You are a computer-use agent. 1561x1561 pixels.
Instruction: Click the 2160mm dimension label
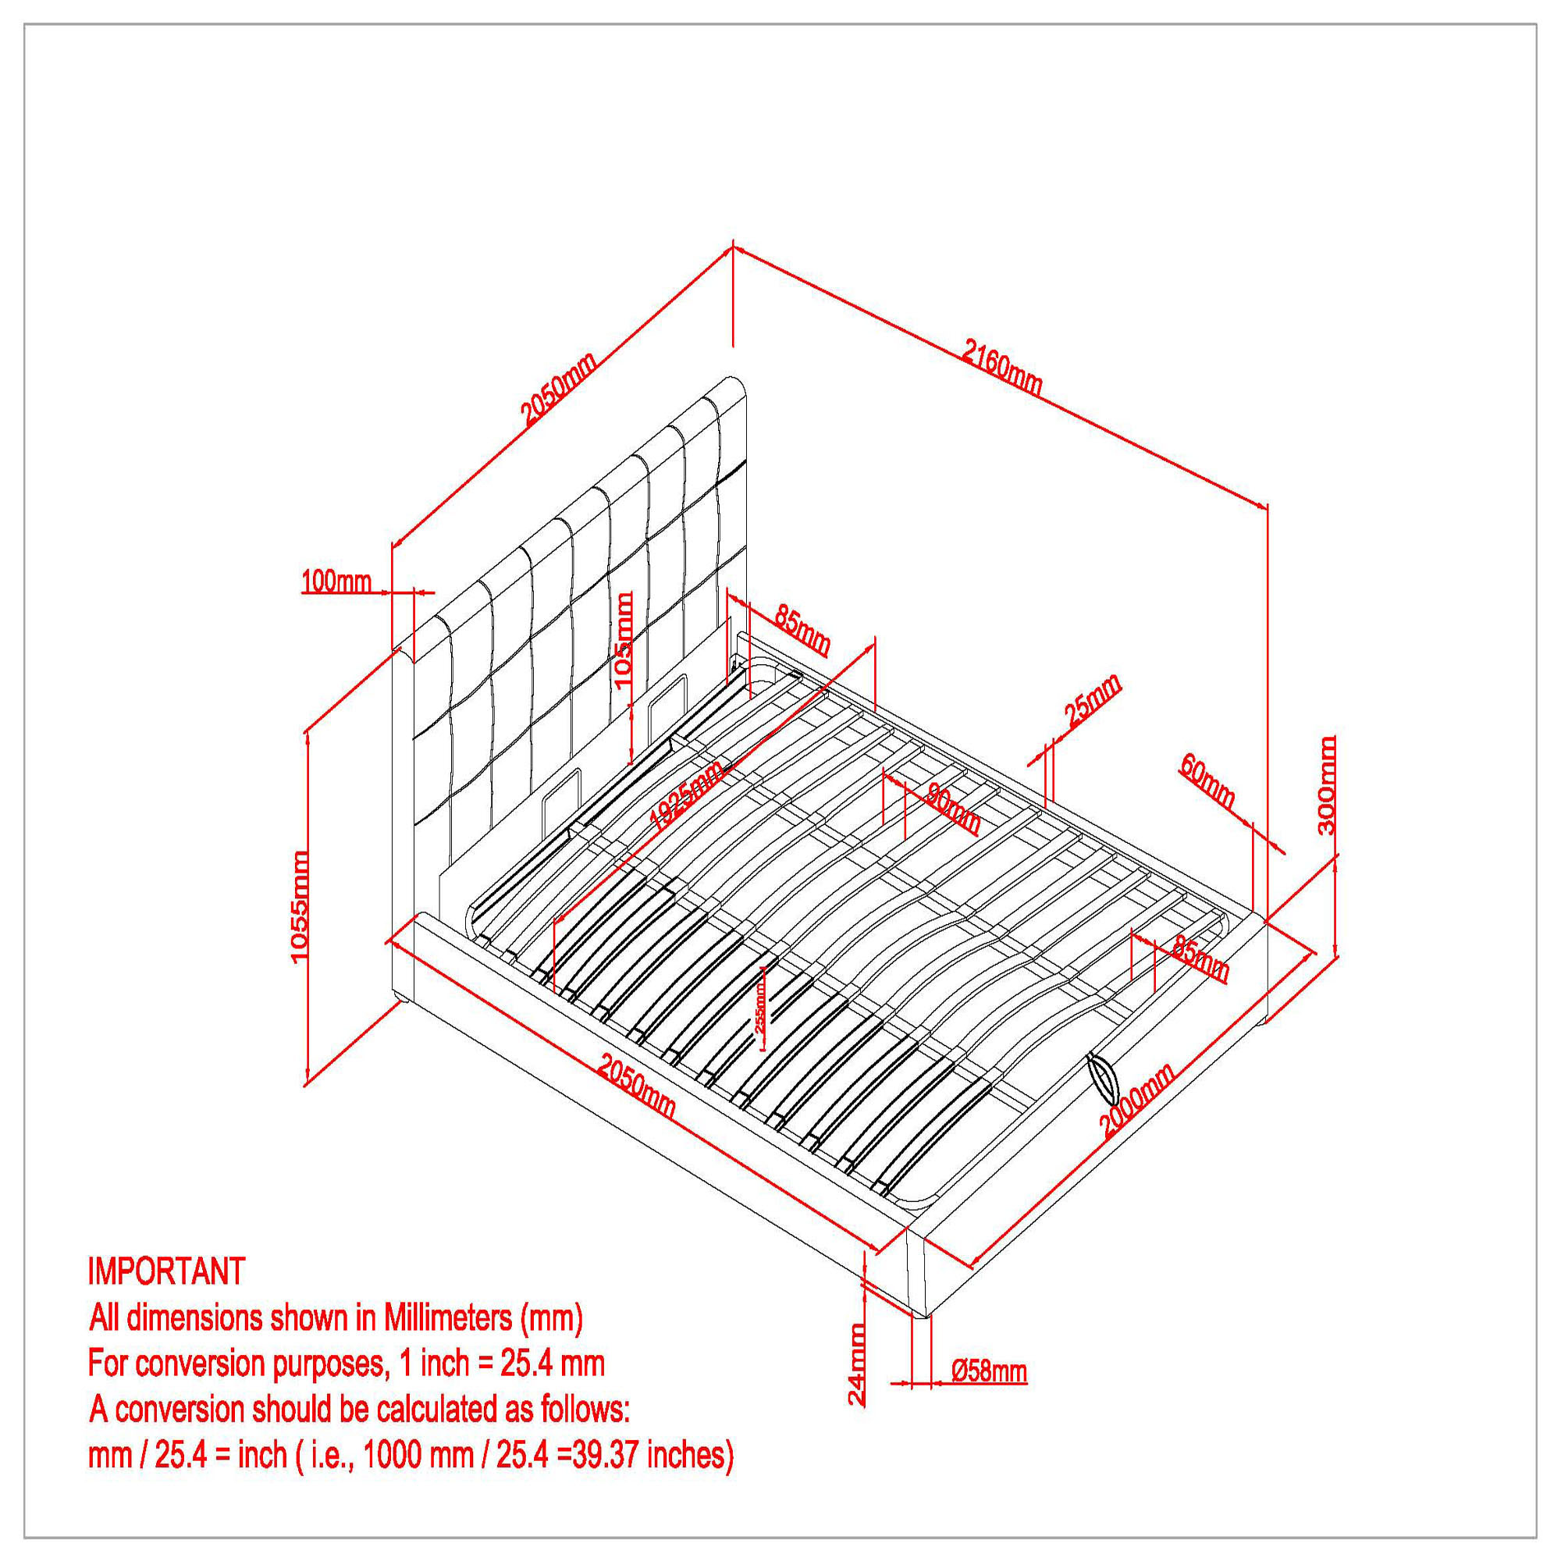pyautogui.click(x=1002, y=368)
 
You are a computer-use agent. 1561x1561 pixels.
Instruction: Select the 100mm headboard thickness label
pyautogui.click(x=336, y=581)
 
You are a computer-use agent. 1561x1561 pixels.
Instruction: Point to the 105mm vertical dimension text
pyautogui.click(x=624, y=638)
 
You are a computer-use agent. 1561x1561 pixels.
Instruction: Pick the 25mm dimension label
pyautogui.click(x=1093, y=699)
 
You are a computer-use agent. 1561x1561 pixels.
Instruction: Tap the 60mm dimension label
pyautogui.click(x=1208, y=780)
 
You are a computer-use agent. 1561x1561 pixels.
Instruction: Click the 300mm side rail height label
pyautogui.click(x=1326, y=784)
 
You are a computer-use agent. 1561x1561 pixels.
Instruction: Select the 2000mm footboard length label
pyautogui.click(x=1137, y=1101)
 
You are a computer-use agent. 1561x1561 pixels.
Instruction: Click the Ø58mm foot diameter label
pyautogui.click(x=989, y=1371)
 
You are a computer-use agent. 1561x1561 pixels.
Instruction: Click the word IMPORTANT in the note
pyautogui.click(x=166, y=1271)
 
